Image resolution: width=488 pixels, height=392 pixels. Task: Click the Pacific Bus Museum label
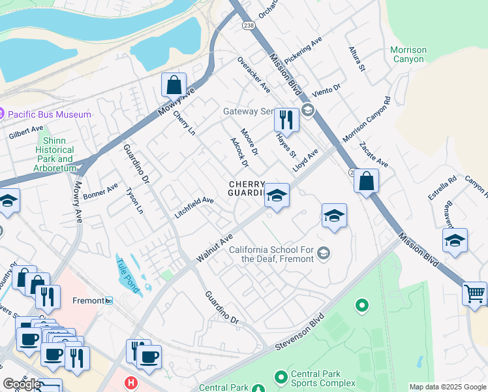pos(49,114)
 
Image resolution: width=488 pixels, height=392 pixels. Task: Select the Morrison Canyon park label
pos(408,55)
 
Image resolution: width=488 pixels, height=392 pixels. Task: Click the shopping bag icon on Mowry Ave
pos(174,86)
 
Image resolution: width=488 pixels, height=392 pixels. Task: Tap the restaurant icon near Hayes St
pos(286,120)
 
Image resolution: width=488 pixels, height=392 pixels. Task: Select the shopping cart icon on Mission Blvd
pos(475,293)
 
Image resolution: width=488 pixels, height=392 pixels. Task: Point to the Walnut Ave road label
pos(215,250)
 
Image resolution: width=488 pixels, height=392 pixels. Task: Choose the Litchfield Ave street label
pos(194,208)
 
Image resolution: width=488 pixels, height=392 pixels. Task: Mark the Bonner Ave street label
pos(100,191)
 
